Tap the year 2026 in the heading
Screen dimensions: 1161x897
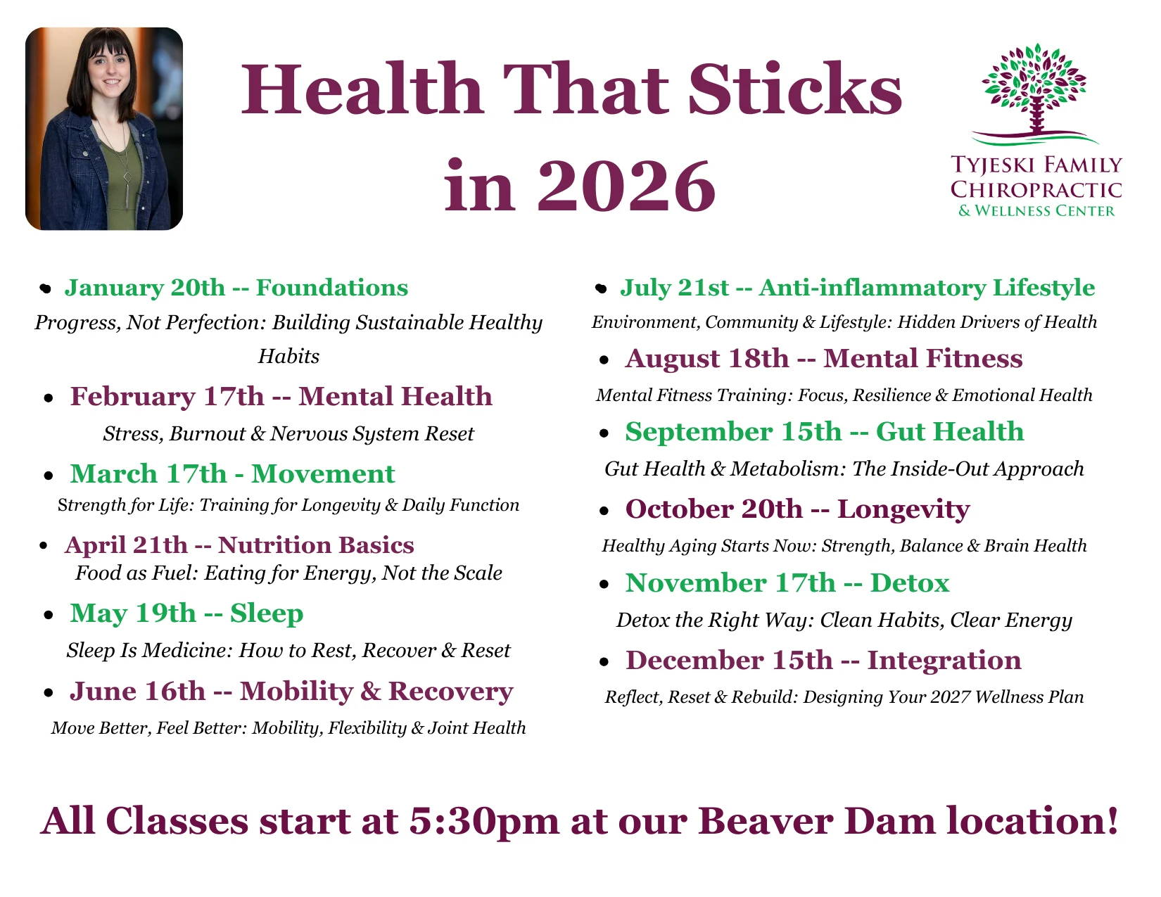626,186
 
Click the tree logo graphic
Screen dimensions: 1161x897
1035,94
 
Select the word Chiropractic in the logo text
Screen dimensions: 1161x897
1036,190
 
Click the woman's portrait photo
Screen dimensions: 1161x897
104,129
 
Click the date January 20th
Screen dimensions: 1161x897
145,288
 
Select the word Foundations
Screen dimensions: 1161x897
332,288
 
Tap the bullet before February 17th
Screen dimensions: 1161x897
49,398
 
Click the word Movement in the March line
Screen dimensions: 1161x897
323,474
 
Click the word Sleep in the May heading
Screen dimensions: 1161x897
267,613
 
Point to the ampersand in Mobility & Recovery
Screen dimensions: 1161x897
370,692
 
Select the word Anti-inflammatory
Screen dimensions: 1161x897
873,288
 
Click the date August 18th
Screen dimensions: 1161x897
707,359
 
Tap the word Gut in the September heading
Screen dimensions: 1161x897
900,432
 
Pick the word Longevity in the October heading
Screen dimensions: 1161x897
903,509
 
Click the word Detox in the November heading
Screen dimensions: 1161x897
910,583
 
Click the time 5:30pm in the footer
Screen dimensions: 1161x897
484,821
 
